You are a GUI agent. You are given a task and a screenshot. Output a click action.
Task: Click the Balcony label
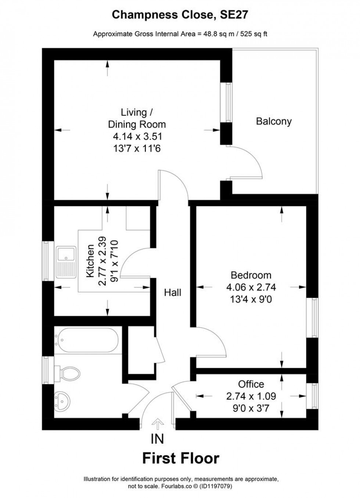pos(274,121)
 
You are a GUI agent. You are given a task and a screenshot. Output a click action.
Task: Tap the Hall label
pos(173,293)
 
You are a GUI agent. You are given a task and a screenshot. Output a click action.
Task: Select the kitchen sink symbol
pos(65,262)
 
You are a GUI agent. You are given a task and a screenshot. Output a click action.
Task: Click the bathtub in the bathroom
pos(87,340)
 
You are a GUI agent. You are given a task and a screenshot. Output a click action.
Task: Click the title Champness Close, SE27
pos(180,15)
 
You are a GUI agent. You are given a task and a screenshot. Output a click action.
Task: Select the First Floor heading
pos(180,458)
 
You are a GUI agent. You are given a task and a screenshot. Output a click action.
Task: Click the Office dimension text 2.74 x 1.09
pos(251,396)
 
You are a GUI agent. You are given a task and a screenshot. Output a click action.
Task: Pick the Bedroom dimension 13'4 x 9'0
pos(251,299)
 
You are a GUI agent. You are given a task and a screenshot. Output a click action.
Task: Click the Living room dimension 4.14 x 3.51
pos(137,137)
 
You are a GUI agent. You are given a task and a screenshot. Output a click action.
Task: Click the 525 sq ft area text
pos(254,35)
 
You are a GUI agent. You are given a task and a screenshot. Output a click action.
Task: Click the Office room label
pos(251,384)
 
